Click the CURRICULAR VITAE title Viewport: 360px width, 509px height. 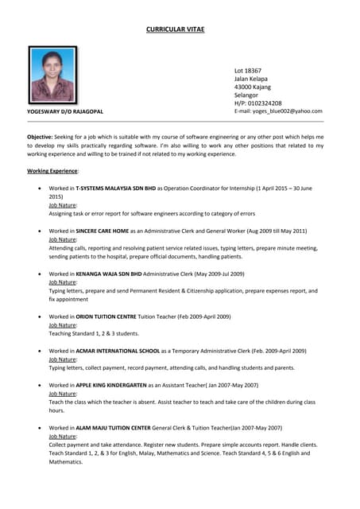click(x=175, y=29)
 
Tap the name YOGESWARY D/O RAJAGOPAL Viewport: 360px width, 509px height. click(x=65, y=111)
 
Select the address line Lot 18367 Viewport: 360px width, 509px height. click(x=247, y=70)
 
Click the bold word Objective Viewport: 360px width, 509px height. click(x=40, y=137)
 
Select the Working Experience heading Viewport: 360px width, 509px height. click(x=52, y=171)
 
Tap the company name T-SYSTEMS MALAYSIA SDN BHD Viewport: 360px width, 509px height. click(x=115, y=188)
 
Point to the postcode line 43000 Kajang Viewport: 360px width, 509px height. click(x=252, y=87)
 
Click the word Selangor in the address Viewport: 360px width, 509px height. click(x=247, y=95)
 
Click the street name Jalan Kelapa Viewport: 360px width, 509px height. click(x=250, y=79)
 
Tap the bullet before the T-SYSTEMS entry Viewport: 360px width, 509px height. click(x=40, y=188)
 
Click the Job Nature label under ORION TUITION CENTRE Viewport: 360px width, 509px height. click(x=63, y=325)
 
